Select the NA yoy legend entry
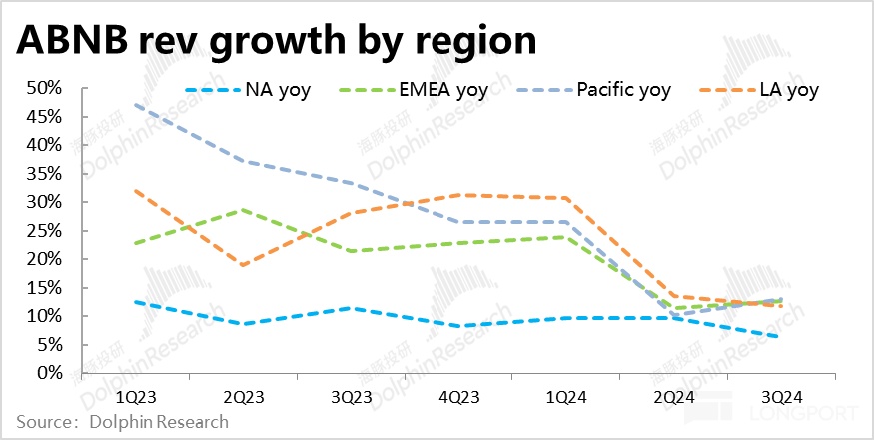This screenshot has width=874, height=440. [x=276, y=90]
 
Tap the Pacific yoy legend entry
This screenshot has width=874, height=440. [x=622, y=90]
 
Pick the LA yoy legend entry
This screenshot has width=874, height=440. [x=788, y=90]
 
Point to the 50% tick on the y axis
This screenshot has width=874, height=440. [x=43, y=88]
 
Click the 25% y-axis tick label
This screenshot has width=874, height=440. [x=43, y=231]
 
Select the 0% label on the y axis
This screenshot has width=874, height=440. [x=47, y=373]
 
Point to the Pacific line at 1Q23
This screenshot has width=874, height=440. [x=135, y=104]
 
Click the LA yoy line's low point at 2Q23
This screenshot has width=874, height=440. [x=242, y=265]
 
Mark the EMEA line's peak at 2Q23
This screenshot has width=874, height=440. [x=242, y=209]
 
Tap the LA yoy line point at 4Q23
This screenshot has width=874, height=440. [x=455, y=195]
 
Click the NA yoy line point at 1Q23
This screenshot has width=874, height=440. [x=135, y=301]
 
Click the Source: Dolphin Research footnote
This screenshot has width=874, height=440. [x=122, y=422]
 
